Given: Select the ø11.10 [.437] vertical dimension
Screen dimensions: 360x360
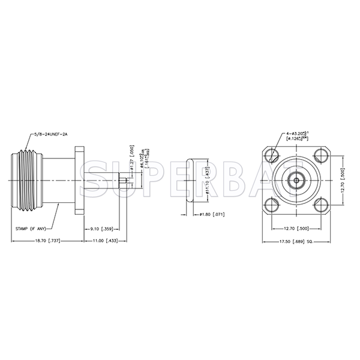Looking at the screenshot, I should [208, 178].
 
